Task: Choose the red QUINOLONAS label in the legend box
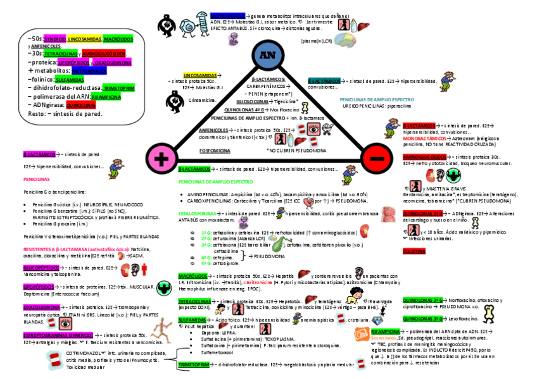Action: [81, 105]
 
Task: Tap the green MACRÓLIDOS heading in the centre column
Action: [193, 276]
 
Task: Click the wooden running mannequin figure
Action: [163, 326]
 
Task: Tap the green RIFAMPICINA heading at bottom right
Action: [386, 331]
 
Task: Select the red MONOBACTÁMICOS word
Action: [424, 137]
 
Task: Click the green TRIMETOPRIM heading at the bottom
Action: [194, 365]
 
